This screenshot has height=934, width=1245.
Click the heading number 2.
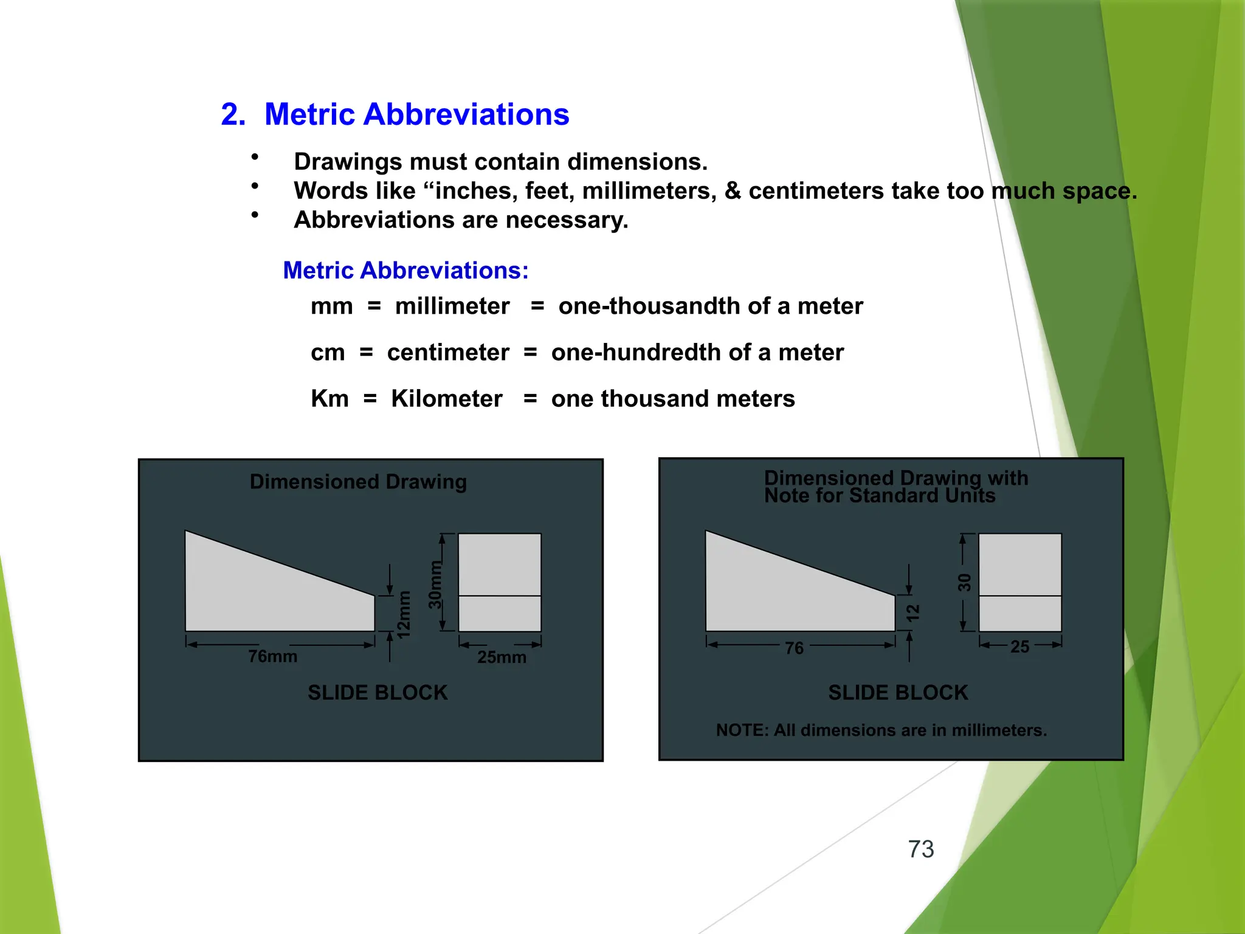tap(233, 114)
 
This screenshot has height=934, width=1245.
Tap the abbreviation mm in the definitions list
tap(331, 306)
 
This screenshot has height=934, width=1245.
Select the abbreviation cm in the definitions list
tap(328, 353)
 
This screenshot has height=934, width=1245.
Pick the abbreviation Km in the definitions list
tap(329, 399)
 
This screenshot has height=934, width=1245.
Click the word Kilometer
tap(446, 399)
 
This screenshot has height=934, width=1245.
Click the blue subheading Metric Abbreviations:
tap(405, 271)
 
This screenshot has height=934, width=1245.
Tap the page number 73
tap(920, 849)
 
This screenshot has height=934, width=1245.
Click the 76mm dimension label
tap(273, 657)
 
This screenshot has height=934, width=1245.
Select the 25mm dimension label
tap(502, 657)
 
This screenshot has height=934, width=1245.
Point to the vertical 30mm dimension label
tap(435, 585)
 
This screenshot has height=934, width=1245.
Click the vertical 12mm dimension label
tap(404, 615)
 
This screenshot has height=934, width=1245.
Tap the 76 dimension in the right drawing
tap(794, 648)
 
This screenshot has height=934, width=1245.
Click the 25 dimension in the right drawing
tap(1019, 647)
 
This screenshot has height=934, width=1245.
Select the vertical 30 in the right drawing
tap(964, 583)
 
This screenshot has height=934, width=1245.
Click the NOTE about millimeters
tap(881, 730)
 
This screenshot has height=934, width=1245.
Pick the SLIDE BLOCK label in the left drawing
tap(378, 693)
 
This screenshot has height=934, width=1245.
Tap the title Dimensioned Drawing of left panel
tap(358, 482)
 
